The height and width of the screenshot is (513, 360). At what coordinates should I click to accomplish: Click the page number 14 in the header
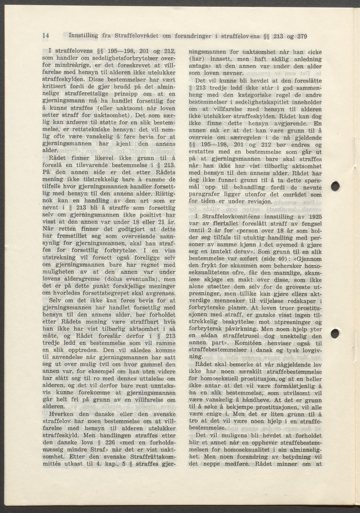click(x=45, y=36)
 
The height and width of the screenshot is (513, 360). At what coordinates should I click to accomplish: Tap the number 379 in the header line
click(x=302, y=36)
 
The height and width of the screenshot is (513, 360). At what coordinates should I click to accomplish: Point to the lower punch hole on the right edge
click(x=336, y=334)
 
